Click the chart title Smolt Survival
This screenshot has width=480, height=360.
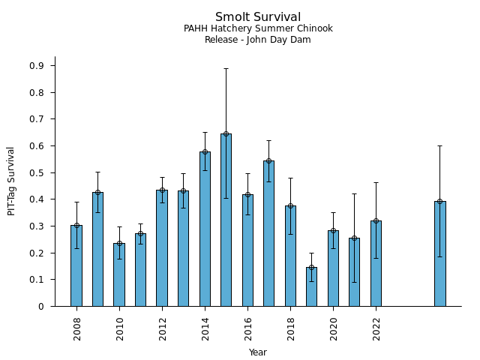click(x=258, y=17)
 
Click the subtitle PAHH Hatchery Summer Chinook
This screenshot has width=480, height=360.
click(x=258, y=29)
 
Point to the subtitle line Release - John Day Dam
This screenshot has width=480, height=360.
click(x=258, y=40)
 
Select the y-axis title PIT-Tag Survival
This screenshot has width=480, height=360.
click(x=11, y=181)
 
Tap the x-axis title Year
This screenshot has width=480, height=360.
click(x=258, y=352)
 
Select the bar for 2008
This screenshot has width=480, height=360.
click(x=76, y=265)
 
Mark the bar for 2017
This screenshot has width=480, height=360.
click(x=268, y=233)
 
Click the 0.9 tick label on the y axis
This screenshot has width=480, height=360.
click(x=37, y=66)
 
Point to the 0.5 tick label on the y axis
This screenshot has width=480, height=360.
click(x=37, y=173)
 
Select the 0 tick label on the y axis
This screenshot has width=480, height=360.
click(x=42, y=307)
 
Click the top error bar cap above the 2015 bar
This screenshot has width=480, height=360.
click(x=226, y=68)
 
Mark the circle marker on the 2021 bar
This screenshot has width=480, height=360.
click(x=354, y=238)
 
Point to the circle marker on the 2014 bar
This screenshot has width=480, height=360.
click(x=205, y=151)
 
